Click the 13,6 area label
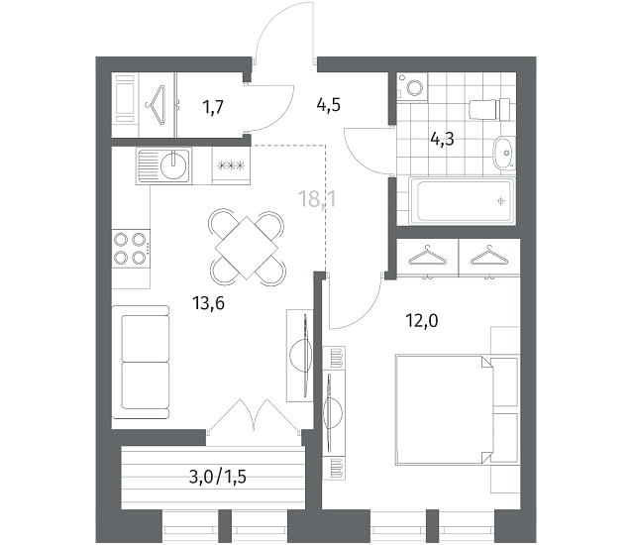click(208, 303)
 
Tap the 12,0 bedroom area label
click(422, 321)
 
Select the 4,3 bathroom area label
click(442, 140)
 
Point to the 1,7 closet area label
click(213, 108)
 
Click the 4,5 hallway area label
click(329, 105)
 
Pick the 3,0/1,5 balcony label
click(217, 477)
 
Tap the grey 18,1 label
click(317, 199)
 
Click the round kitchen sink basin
click(173, 165)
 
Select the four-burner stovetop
click(131, 249)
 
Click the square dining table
click(247, 248)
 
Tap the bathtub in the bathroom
click(462, 201)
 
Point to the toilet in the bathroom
click(489, 109)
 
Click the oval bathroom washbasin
click(504, 154)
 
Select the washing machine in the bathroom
click(412, 86)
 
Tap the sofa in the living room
click(141, 362)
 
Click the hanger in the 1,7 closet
click(157, 105)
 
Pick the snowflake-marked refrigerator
click(231, 165)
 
